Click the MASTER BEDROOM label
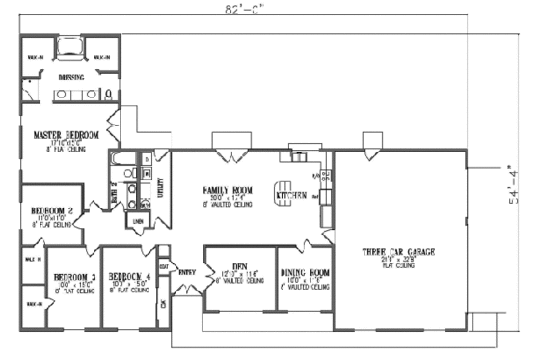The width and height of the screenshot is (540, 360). click(x=66, y=135)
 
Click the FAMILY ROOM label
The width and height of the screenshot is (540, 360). click(x=229, y=191)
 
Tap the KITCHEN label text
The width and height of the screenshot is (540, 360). click(x=291, y=195)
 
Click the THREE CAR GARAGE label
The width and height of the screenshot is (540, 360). click(x=397, y=251)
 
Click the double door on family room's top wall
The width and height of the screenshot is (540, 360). click(x=229, y=154)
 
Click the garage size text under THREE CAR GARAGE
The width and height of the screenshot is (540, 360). click(x=397, y=260)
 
